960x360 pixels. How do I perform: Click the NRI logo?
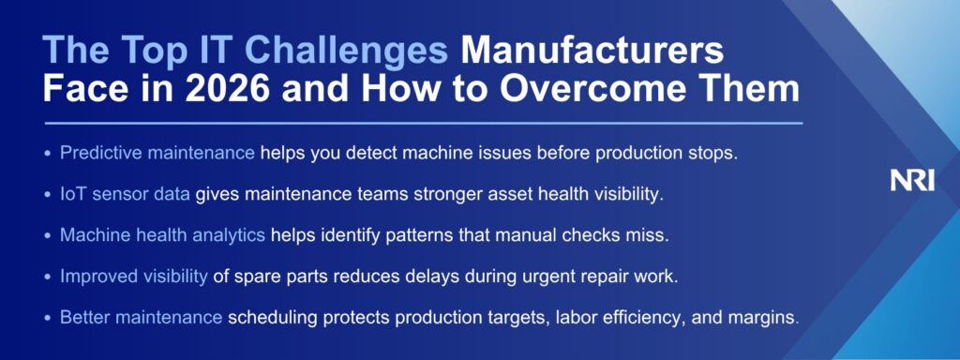click(x=912, y=181)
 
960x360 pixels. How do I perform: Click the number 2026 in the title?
click(x=227, y=89)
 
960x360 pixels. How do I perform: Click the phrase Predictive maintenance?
click(x=157, y=153)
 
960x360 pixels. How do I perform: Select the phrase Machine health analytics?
click(x=162, y=235)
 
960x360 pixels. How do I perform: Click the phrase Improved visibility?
click(x=133, y=277)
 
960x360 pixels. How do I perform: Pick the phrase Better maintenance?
click(x=141, y=317)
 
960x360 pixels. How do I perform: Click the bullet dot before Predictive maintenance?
click(x=48, y=154)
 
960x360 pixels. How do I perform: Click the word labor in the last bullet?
click(x=576, y=317)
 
